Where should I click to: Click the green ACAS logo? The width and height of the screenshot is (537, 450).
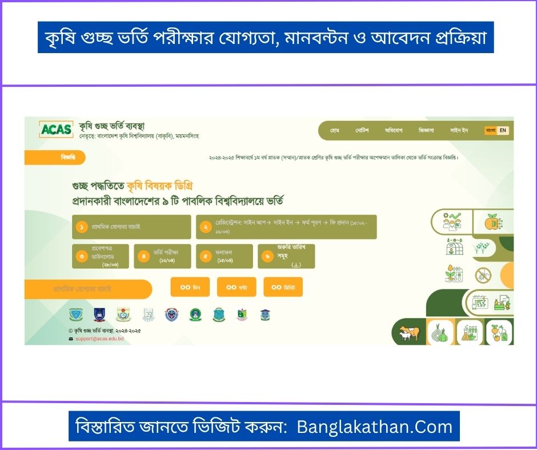pyautogui.click(x=56, y=130)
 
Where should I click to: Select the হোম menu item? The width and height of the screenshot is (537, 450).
pyautogui.click(x=335, y=130)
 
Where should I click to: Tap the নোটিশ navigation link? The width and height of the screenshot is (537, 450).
pyautogui.click(x=362, y=130)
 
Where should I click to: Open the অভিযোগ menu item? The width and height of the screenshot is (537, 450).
pyautogui.click(x=393, y=130)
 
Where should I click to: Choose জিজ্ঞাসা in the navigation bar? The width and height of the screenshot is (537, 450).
pyautogui.click(x=426, y=130)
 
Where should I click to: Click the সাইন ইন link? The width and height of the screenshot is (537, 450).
pyautogui.click(x=459, y=130)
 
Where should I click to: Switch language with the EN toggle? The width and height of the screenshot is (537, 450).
pyautogui.click(x=503, y=130)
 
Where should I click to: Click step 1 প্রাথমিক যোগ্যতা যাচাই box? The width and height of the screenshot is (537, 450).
pyautogui.click(x=131, y=227)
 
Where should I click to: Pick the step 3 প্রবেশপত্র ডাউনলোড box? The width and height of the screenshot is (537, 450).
pyautogui.click(x=101, y=256)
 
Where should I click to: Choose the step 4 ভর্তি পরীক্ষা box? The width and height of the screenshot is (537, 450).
pyautogui.click(x=162, y=256)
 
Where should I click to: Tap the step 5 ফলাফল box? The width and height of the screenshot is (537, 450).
pyautogui.click(x=224, y=256)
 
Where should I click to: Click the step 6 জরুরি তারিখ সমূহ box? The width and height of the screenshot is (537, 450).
pyautogui.click(x=286, y=256)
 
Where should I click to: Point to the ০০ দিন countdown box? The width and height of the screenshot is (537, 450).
pyautogui.click(x=190, y=287)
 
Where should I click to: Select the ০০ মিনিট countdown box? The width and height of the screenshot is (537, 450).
pyautogui.click(x=283, y=287)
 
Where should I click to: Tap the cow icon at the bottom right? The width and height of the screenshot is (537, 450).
pyautogui.click(x=408, y=332)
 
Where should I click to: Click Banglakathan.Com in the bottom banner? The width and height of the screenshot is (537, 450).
pyautogui.click(x=374, y=426)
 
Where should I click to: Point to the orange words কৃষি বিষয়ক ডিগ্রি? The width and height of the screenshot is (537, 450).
pyautogui.click(x=162, y=186)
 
